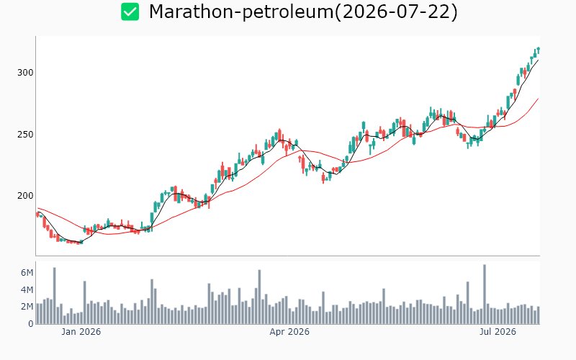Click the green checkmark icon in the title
130,12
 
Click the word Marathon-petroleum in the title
241,12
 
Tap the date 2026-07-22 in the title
395,12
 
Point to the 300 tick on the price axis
25,73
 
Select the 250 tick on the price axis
25,135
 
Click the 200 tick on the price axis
25,196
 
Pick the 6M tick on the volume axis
27,273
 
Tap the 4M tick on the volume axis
27,290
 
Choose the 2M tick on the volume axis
27,307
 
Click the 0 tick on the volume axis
31,323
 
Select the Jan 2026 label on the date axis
81,332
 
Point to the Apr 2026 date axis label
289,332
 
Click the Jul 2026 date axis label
498,332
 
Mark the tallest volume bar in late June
485,294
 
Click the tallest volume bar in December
55,296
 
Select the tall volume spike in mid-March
259,297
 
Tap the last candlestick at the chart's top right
538,50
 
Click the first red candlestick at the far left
37,214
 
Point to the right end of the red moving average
538,99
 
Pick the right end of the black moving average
538,60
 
